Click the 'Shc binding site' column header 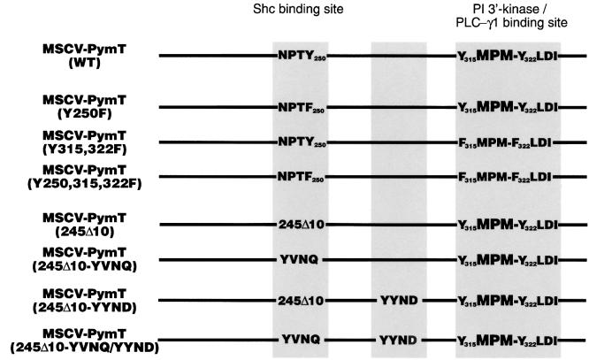(306, 11)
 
